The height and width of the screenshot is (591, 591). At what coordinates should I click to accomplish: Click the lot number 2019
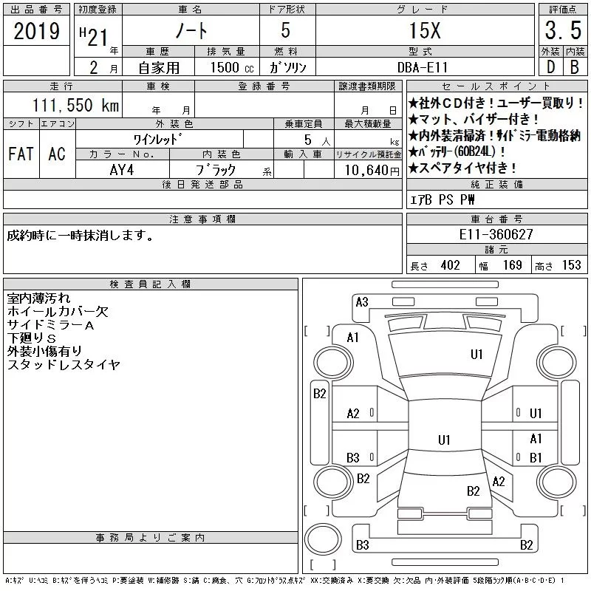pyautogui.click(x=36, y=31)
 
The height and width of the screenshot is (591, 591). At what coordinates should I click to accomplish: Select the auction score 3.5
pyautogui.click(x=563, y=30)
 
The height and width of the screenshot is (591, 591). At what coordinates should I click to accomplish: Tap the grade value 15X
pyautogui.click(x=425, y=30)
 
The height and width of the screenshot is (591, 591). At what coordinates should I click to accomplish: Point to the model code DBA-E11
pyautogui.click(x=423, y=67)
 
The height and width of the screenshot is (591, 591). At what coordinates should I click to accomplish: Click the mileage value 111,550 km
pyautogui.click(x=75, y=105)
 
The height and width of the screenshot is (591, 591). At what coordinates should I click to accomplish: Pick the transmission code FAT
pyautogui.click(x=21, y=154)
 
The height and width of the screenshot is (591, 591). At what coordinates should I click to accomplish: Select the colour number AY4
pyautogui.click(x=122, y=170)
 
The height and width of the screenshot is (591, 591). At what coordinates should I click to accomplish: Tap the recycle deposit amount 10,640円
pyautogui.click(x=372, y=171)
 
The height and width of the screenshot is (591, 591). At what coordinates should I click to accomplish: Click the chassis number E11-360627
pyautogui.click(x=496, y=234)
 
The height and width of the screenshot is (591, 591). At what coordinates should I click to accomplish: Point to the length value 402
pyautogui.click(x=450, y=265)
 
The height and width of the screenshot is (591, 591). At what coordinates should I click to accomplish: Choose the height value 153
pyautogui.click(x=571, y=265)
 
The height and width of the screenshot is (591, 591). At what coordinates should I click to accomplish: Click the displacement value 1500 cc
pyautogui.click(x=232, y=67)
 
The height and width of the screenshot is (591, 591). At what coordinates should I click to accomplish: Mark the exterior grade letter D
pyautogui.click(x=550, y=67)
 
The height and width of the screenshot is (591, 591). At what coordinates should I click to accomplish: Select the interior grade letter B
pyautogui.click(x=575, y=67)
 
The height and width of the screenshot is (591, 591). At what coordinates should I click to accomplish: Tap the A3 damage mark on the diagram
pyautogui.click(x=362, y=302)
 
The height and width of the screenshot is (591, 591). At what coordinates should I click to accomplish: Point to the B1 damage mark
pyautogui.click(x=536, y=457)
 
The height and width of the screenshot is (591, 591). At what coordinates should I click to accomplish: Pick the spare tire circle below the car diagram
pyautogui.click(x=323, y=539)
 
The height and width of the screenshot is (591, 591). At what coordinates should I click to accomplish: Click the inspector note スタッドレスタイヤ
pyautogui.click(x=64, y=365)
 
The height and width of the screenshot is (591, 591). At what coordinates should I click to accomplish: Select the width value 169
pyautogui.click(x=512, y=265)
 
